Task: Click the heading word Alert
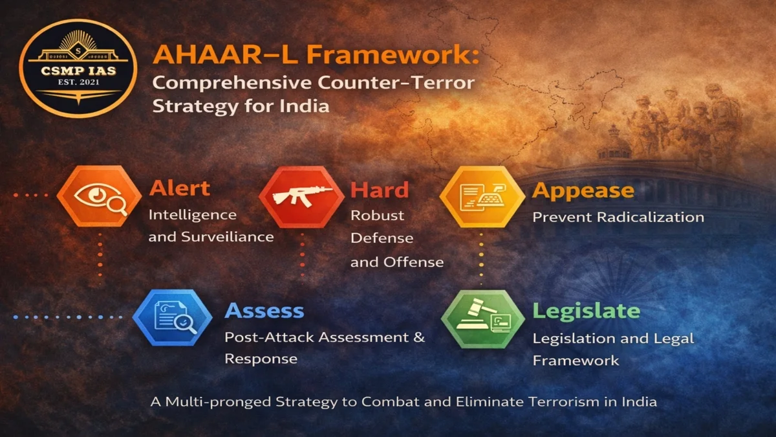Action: point(180,188)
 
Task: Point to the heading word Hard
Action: point(380,190)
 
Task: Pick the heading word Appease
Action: point(583,191)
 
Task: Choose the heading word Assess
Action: point(264,311)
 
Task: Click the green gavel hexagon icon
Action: point(482,319)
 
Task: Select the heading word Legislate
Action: point(586,311)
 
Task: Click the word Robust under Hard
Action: point(377,216)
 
